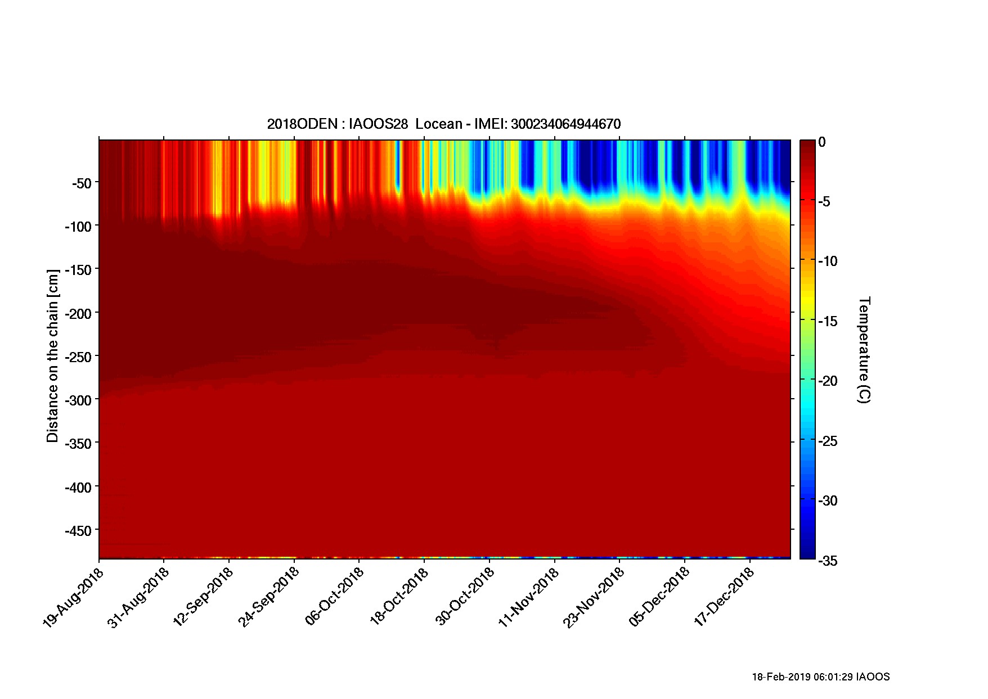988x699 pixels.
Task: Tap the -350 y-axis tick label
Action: click(78, 443)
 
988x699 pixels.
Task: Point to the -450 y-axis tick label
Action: click(78, 531)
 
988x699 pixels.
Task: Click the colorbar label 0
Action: click(822, 142)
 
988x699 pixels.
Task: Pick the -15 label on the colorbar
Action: click(827, 322)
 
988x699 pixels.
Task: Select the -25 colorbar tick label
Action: click(827, 441)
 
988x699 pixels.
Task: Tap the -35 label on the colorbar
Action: click(827, 561)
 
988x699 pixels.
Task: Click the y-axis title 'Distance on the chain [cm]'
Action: click(52, 356)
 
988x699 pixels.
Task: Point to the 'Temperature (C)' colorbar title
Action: click(864, 350)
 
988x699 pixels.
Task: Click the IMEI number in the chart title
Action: click(565, 124)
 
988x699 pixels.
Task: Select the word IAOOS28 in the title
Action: click(379, 124)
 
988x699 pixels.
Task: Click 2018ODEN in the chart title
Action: click(303, 124)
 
